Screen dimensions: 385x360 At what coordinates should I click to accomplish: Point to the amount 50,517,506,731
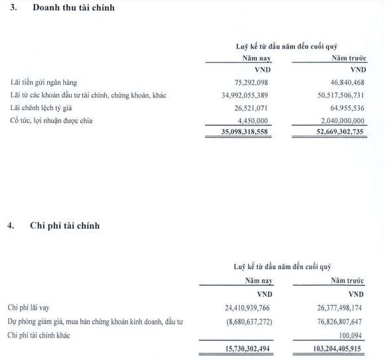coord(333,95)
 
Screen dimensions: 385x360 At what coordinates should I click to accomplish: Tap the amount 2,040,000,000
coord(337,121)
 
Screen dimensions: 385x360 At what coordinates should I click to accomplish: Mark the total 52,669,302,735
coord(330,133)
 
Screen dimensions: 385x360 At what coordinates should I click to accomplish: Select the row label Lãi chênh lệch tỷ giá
coord(43,108)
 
